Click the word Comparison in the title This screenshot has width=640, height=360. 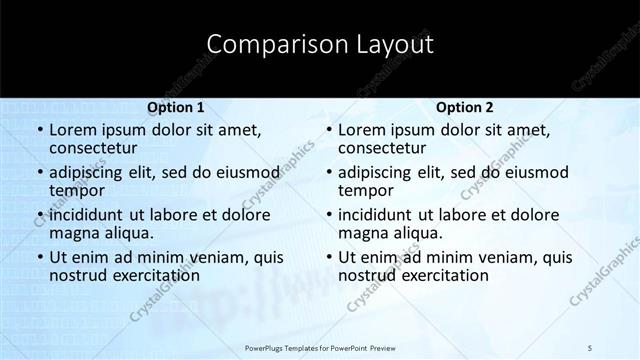pos(267,45)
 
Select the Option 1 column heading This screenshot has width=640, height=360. pos(175,107)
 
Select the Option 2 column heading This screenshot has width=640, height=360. pos(464,107)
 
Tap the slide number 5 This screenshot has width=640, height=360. pos(590,347)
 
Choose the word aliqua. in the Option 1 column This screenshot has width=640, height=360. pos(126,232)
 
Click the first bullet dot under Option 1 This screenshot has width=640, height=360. pos(39,130)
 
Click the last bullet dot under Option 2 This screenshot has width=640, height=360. pos(328,257)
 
